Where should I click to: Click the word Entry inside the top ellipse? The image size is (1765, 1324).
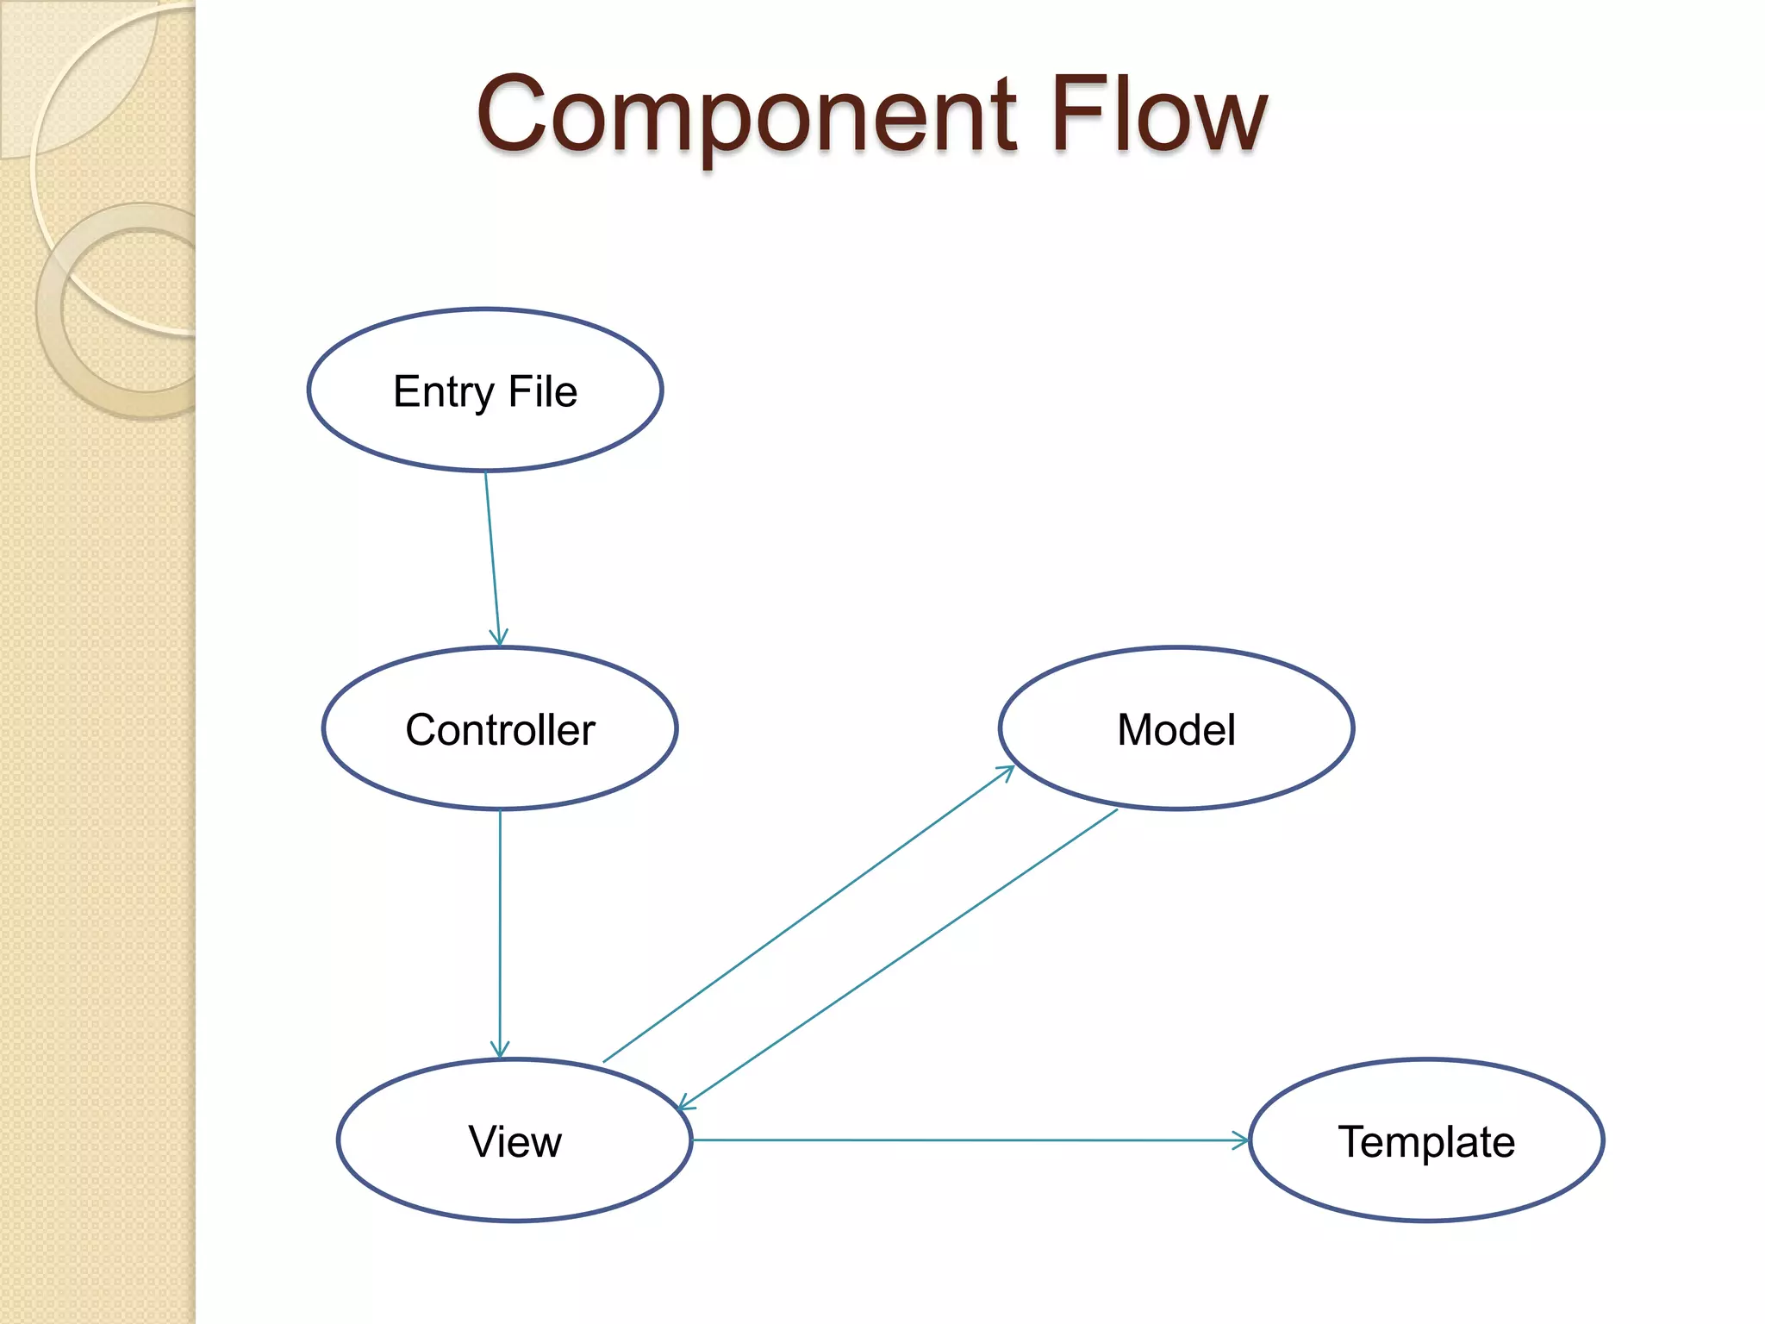pos(443,392)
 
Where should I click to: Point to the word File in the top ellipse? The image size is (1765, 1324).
pos(543,392)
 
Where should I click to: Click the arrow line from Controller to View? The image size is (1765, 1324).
pos(500,931)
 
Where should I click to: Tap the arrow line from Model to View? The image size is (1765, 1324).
pos(896,959)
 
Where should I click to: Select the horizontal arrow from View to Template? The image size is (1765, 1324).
pos(965,1140)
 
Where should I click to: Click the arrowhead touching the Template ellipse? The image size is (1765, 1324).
pos(1242,1140)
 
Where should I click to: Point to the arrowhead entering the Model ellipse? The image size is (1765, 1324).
pos(1007,771)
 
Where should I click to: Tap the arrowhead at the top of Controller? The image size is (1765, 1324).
pos(499,639)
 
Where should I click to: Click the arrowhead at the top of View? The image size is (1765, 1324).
pos(500,1051)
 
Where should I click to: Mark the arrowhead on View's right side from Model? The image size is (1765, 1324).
pos(686,1103)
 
